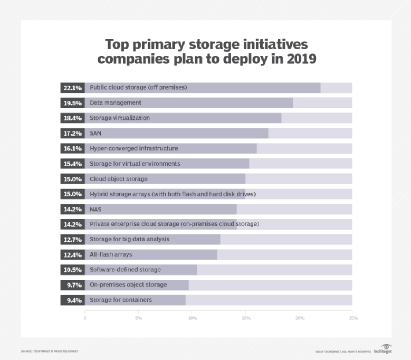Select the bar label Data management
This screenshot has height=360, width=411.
[115, 103]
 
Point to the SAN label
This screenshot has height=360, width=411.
[95, 133]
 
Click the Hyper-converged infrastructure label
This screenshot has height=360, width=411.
[133, 148]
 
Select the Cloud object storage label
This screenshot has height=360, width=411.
[118, 179]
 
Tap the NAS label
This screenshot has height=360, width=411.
[95, 209]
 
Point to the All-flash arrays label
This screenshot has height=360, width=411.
[111, 254]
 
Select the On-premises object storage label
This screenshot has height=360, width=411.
[128, 285]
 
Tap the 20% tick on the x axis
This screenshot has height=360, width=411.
[299, 318]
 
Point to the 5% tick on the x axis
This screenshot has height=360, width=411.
[139, 318]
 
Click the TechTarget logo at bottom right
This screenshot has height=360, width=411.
[382, 349]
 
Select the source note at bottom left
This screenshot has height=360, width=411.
[49, 351]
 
